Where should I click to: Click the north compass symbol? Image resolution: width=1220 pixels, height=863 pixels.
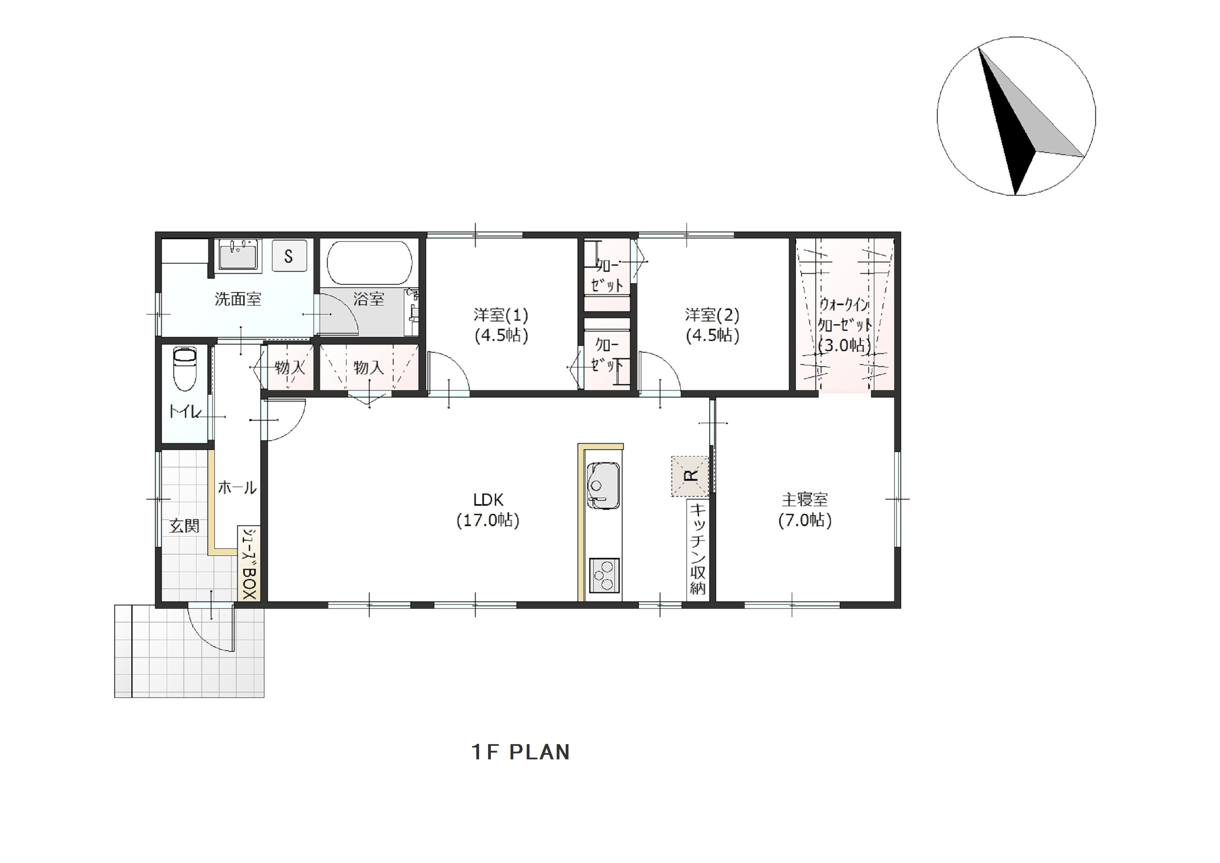[x=1015, y=116]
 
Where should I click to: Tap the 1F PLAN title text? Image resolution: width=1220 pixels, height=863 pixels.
[x=521, y=752]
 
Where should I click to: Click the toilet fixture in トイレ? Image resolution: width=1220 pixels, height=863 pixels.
[x=185, y=369]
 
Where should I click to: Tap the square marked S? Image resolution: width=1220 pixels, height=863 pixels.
[x=289, y=256]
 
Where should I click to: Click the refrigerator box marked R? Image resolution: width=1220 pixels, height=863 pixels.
[x=690, y=476]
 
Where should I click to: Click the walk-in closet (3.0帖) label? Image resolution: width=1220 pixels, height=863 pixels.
[x=844, y=325]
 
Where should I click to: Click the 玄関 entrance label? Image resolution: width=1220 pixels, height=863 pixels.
[x=184, y=526]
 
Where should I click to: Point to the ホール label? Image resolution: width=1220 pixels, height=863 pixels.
[x=237, y=487]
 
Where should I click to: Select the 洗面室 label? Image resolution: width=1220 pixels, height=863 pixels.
[x=238, y=299]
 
